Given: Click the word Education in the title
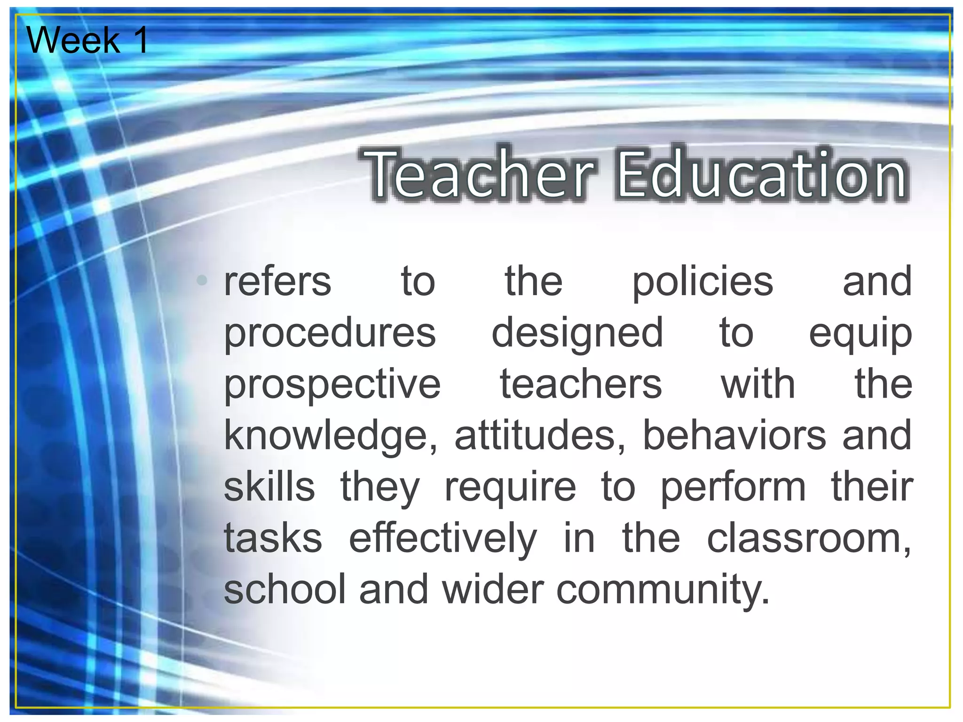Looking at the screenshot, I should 762,174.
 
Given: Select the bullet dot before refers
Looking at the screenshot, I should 202,281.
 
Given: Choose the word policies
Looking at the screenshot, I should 703,282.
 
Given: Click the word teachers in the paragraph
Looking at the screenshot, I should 581,385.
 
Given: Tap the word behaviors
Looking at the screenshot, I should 734,435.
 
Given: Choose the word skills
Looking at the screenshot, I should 269,487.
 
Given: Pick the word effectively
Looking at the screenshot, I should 442,539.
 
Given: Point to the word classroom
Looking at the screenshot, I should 808,539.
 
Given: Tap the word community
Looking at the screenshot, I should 663,590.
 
